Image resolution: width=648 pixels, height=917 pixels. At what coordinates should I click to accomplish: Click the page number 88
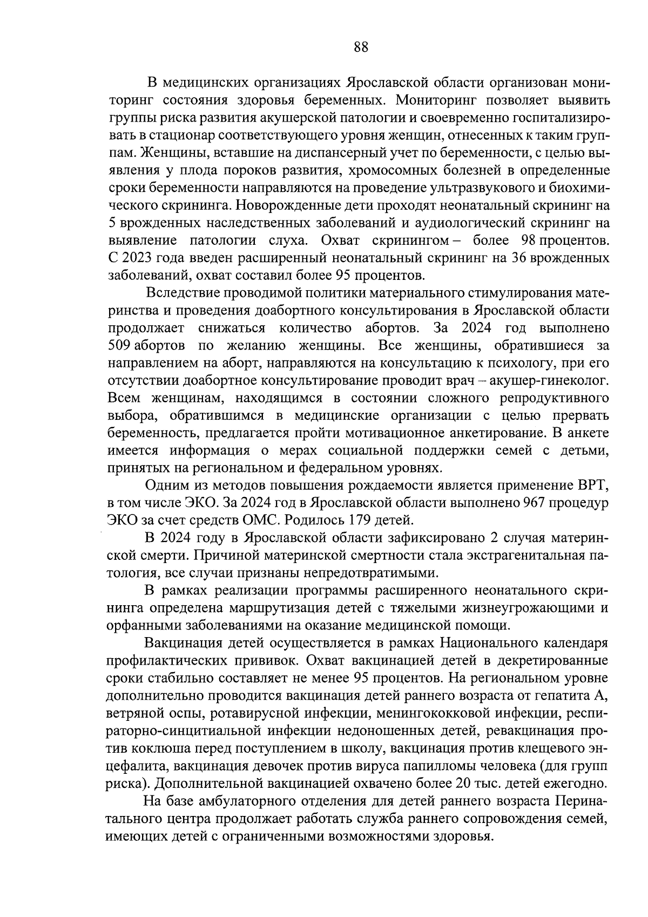361,48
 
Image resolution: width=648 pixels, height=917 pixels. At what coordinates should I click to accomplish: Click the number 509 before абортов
120,346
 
